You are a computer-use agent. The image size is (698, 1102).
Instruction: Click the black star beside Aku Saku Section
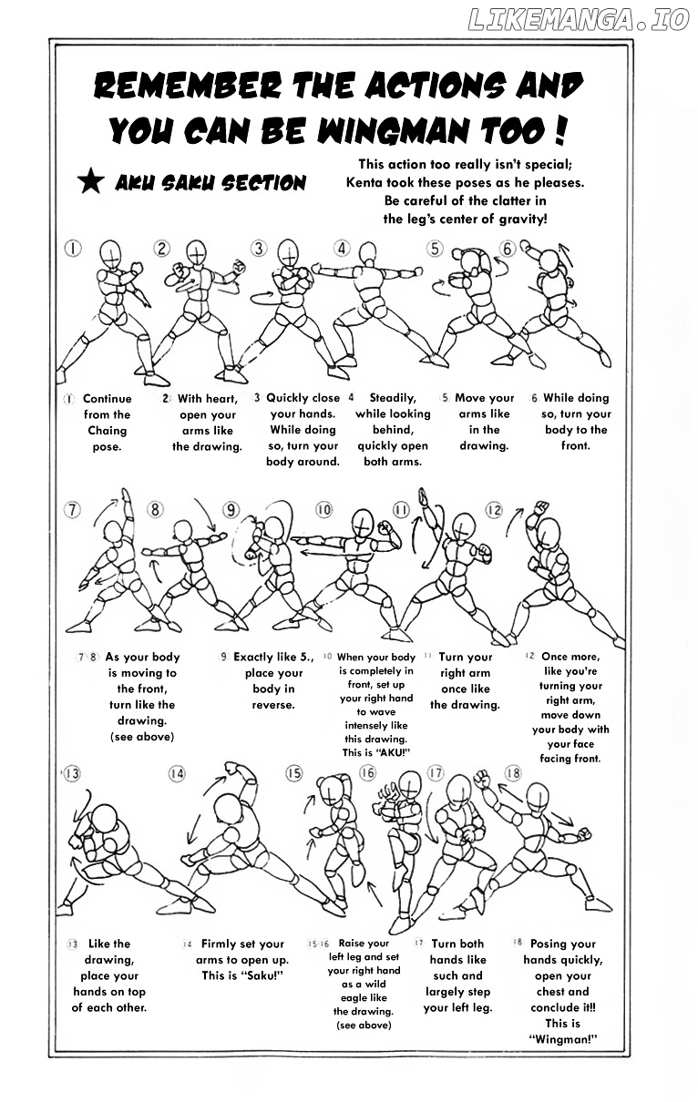pyautogui.click(x=90, y=182)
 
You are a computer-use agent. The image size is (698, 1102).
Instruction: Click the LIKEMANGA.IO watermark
pyautogui.click(x=578, y=21)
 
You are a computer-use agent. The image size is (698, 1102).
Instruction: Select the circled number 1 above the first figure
pyautogui.click(x=74, y=248)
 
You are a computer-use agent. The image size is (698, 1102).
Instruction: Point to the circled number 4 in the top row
pyautogui.click(x=343, y=248)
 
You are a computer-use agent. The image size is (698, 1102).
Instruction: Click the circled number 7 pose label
pyautogui.click(x=73, y=510)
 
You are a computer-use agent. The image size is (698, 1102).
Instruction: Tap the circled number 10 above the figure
pyautogui.click(x=323, y=510)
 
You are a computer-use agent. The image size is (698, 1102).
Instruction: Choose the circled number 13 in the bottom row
pyautogui.click(x=71, y=773)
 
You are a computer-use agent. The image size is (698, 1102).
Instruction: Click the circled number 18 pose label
pyautogui.click(x=513, y=773)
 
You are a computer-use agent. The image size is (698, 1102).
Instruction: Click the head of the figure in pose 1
pyautogui.click(x=110, y=251)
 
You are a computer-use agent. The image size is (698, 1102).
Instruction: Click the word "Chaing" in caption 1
pyautogui.click(x=108, y=431)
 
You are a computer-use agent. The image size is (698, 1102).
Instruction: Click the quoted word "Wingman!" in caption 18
pyautogui.click(x=563, y=1040)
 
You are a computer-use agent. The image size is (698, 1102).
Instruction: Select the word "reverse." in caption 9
pyautogui.click(x=273, y=704)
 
